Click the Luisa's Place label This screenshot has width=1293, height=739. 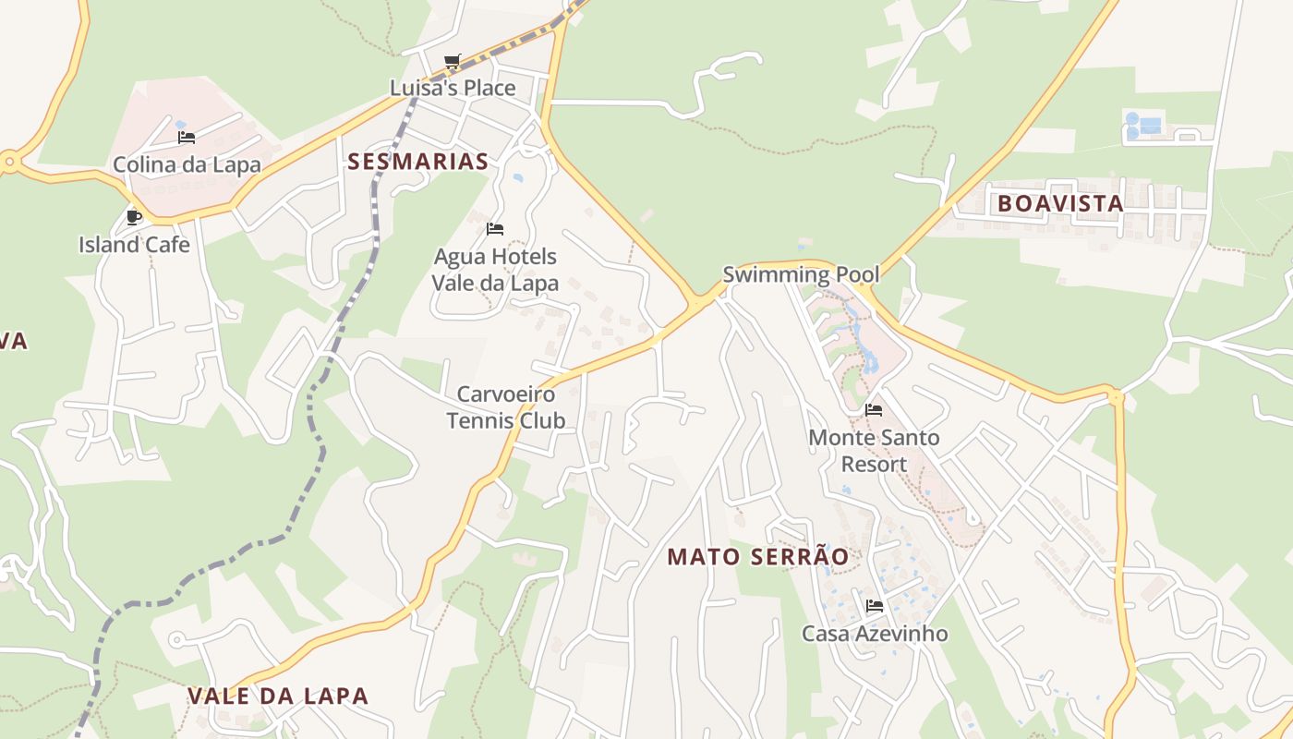tap(452, 89)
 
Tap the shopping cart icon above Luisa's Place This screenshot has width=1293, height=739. tap(452, 62)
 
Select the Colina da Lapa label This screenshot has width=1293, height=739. tap(187, 165)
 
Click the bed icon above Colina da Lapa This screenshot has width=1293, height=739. tap(187, 138)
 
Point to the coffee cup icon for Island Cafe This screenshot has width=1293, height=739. tap(134, 217)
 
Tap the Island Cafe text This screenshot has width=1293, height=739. tap(134, 245)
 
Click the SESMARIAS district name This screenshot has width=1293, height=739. tap(417, 162)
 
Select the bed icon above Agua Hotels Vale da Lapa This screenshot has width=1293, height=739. tap(495, 228)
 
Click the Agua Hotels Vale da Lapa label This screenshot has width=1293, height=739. tap(495, 270)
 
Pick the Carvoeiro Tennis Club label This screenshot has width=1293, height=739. tap(506, 407)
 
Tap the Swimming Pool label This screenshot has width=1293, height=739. tap(801, 274)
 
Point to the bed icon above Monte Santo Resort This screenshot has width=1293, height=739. tap(874, 409)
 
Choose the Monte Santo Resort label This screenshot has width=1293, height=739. tap(874, 450)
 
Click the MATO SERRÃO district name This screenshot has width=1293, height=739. tap(757, 557)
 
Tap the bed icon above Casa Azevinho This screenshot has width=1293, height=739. tap(874, 606)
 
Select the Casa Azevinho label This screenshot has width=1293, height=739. tap(874, 634)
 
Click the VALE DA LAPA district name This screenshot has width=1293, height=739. tap(277, 697)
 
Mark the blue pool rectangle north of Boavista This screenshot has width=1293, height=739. tap(1150, 126)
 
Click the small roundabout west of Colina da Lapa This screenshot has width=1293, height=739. tap(10, 163)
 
